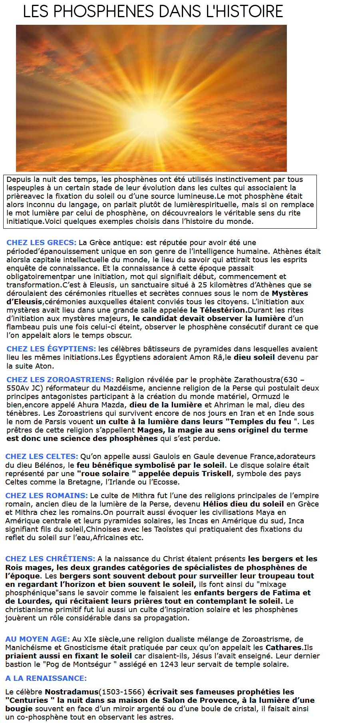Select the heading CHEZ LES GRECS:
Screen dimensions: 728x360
[41, 243]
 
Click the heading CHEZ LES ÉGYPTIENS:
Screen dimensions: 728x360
[51, 349]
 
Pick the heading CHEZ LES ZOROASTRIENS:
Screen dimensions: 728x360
[60, 380]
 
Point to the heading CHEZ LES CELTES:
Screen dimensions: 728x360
[42, 457]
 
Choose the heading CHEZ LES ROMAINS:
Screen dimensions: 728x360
[46, 496]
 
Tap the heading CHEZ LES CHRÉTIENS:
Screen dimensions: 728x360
[50, 559]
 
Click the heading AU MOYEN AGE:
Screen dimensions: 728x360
[38, 639]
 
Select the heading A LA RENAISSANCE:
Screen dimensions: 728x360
[46, 678]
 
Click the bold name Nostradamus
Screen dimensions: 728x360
[72, 692]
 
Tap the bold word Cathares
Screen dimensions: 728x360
[283, 648]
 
